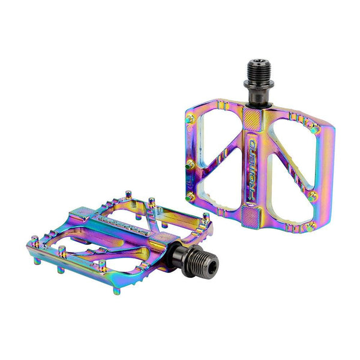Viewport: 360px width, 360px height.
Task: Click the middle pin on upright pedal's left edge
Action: (x=190, y=164)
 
